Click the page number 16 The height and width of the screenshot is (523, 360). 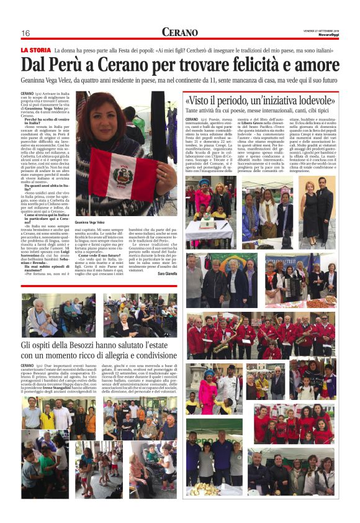tap(25, 33)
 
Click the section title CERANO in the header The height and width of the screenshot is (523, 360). tap(180, 32)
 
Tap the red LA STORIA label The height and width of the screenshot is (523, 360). tap(35, 50)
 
